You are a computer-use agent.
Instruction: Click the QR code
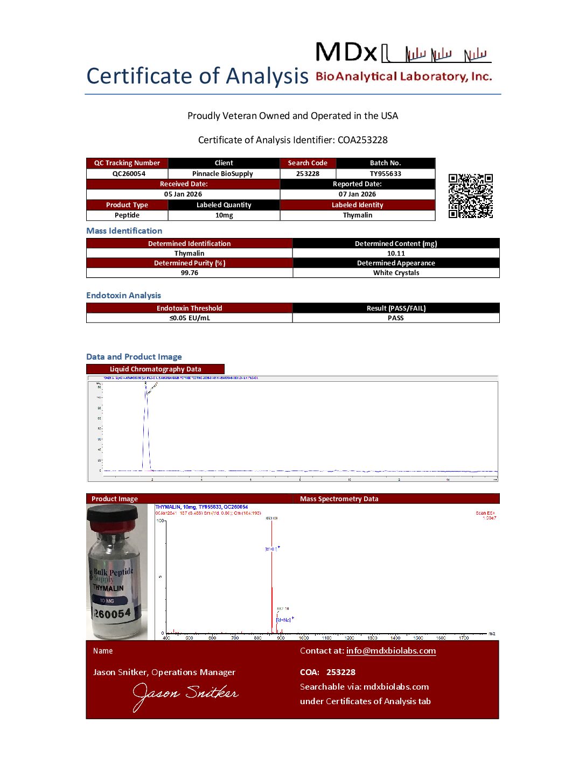pyautogui.click(x=471, y=196)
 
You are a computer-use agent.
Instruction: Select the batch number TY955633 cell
pyautogui.click(x=385, y=174)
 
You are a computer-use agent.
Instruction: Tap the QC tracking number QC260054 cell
pyautogui.click(x=129, y=174)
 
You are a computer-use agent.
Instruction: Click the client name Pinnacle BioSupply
pyautogui.click(x=222, y=174)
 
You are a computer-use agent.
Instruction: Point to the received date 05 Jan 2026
pyautogui.click(x=183, y=194)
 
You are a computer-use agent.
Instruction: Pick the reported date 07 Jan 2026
pyautogui.click(x=357, y=194)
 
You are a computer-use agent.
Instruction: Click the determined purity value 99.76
pyautogui.click(x=189, y=273)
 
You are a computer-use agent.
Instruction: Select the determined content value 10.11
pyautogui.click(x=396, y=254)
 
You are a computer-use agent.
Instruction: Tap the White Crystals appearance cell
pyautogui.click(x=396, y=273)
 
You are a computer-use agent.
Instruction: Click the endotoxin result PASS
pyautogui.click(x=395, y=318)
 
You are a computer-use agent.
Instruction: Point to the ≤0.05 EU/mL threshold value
pyautogui.click(x=190, y=318)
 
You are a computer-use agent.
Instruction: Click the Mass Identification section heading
pyautogui.click(x=124, y=231)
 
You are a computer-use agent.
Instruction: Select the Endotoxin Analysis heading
pyautogui.click(x=123, y=296)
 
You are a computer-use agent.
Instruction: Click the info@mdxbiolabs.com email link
pyautogui.click(x=391, y=651)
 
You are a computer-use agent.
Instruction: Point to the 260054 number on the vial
pyautogui.click(x=113, y=614)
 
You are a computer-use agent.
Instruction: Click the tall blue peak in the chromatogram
pyautogui.click(x=145, y=425)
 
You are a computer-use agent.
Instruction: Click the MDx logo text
pyautogui.click(x=346, y=53)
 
